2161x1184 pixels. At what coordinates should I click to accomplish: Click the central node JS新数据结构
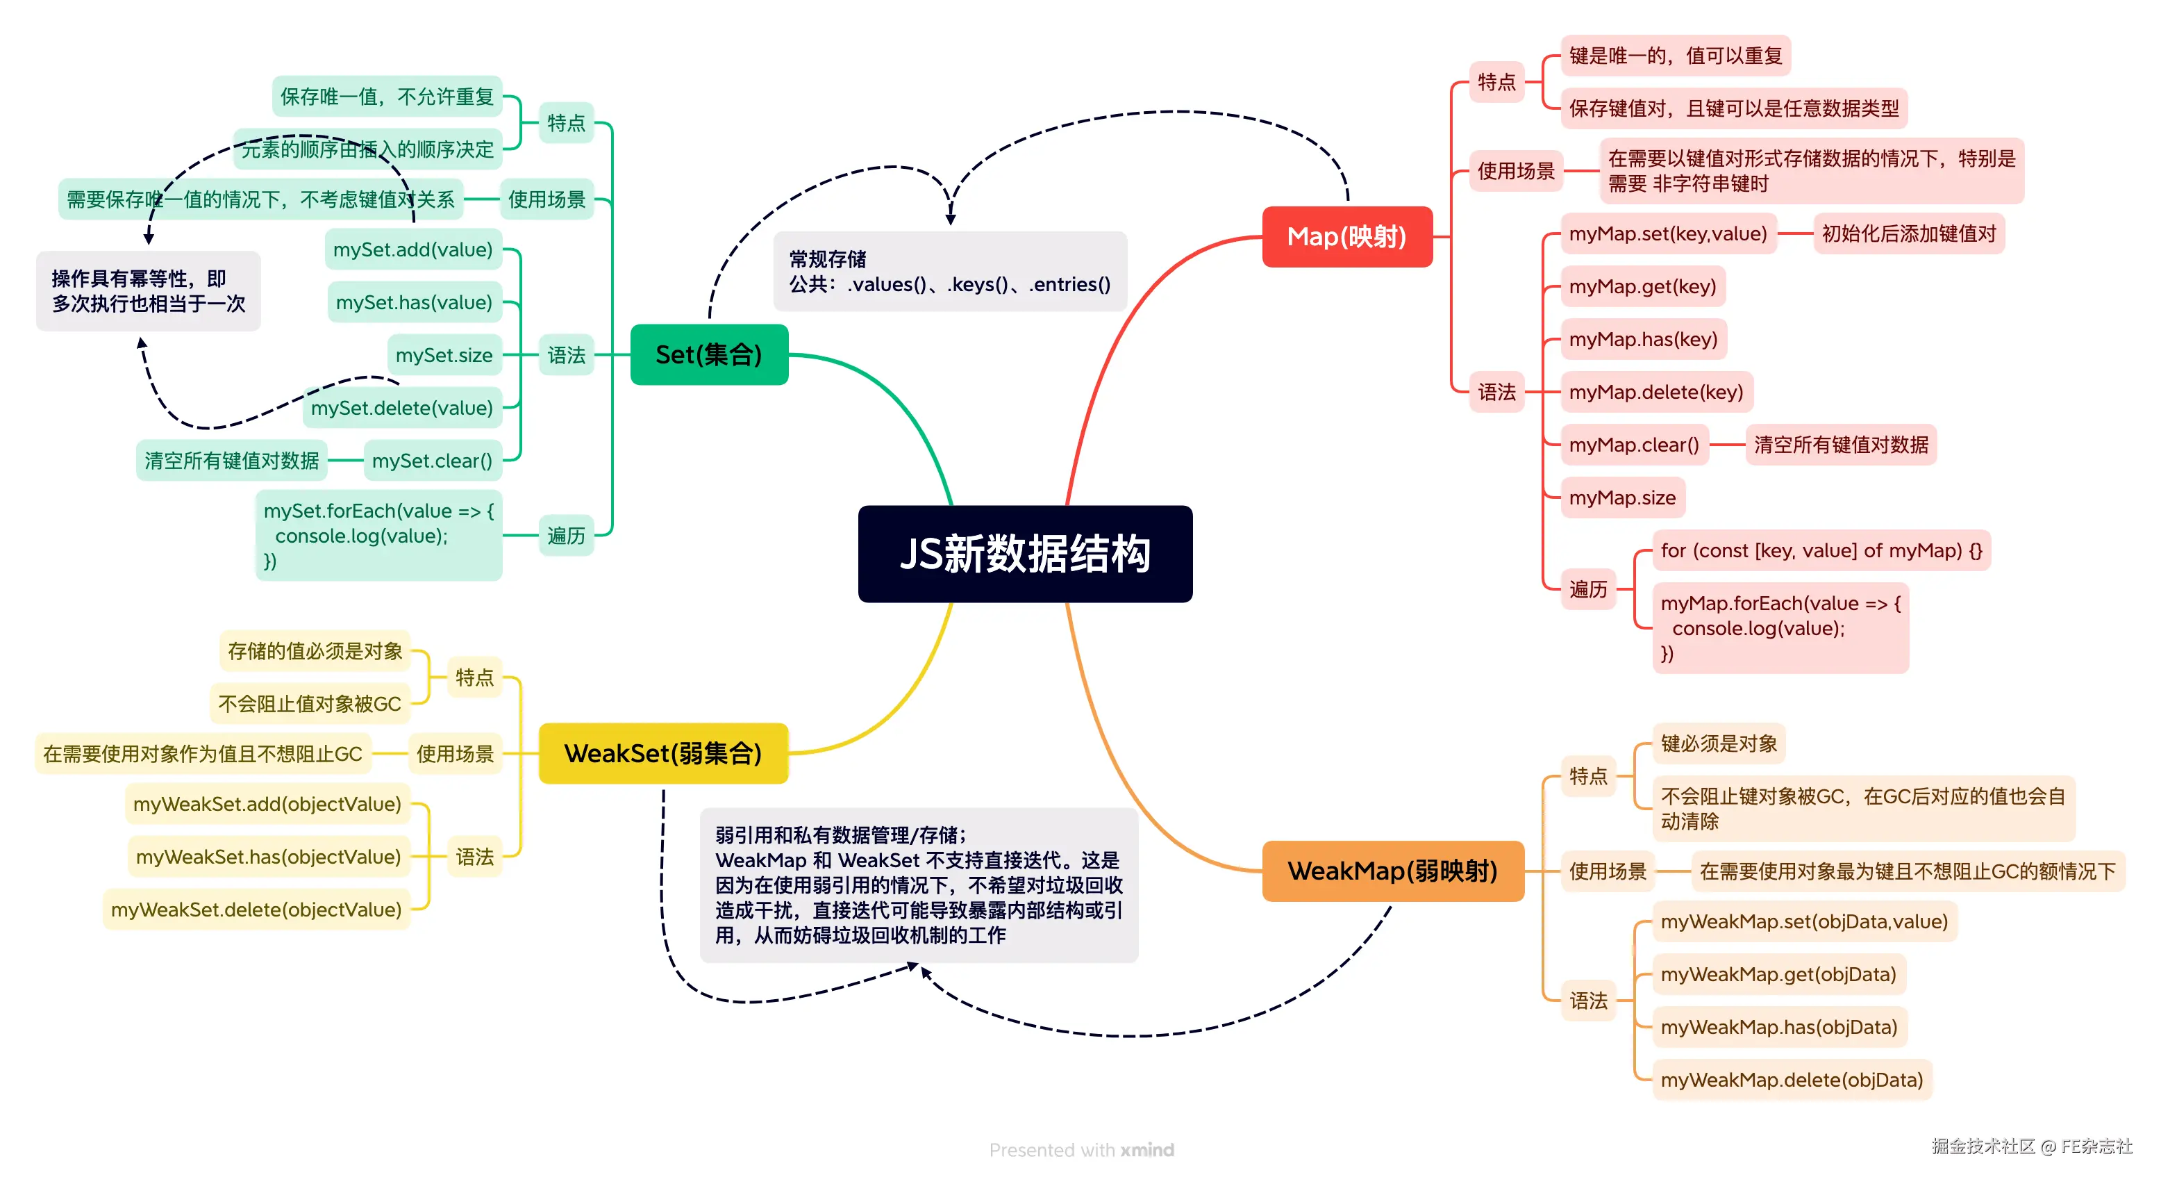point(1024,554)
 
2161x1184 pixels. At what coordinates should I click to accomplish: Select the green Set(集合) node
point(709,355)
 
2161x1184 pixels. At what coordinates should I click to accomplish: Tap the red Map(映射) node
point(1346,237)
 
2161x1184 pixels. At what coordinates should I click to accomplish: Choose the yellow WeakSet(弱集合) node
point(662,753)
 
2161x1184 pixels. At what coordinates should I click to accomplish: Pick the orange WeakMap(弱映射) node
point(1392,871)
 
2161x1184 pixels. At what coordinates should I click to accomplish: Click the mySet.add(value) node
point(412,249)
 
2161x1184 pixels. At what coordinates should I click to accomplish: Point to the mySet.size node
point(444,355)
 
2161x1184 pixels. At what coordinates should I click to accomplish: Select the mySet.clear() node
point(432,461)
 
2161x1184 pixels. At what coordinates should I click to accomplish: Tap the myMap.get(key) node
point(1642,286)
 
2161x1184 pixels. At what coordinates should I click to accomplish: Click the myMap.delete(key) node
point(1655,392)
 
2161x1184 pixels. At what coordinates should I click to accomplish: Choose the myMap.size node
point(1621,498)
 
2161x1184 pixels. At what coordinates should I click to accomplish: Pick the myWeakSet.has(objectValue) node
point(269,857)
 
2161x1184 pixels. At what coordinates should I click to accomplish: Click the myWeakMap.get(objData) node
point(1778,974)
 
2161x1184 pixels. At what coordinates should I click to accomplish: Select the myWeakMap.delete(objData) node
point(1791,1080)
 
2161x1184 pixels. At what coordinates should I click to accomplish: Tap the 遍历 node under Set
point(566,535)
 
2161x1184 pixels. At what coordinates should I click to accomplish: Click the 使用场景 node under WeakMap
point(1608,871)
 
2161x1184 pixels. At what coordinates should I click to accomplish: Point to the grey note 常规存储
point(950,271)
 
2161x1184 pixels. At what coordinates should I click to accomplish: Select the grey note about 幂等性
point(149,290)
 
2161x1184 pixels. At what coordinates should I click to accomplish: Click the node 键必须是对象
point(1718,743)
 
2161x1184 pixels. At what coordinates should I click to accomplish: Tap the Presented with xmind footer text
point(1080,1149)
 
